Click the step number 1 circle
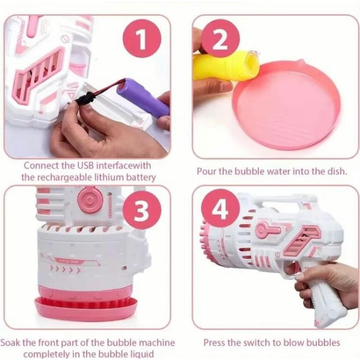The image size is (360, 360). click(x=142, y=41)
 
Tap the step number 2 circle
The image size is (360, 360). click(x=220, y=41)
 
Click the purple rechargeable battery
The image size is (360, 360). click(x=143, y=96)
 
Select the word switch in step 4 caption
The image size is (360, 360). click(x=258, y=343)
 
